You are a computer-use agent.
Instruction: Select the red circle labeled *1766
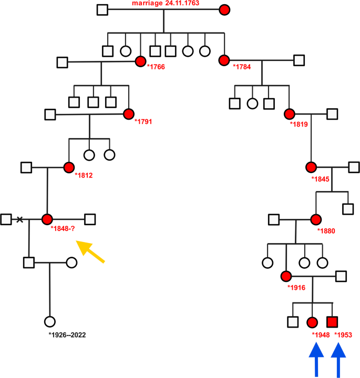(140, 62)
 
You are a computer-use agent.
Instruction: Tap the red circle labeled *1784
(225, 60)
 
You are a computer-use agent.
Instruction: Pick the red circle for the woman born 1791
(128, 114)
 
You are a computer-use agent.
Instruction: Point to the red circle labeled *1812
(68, 167)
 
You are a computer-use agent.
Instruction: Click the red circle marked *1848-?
(48, 219)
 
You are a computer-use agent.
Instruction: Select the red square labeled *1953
(332, 321)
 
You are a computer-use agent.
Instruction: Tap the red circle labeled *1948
(312, 321)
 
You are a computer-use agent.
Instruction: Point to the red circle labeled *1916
(286, 276)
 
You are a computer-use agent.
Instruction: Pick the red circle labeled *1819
(289, 114)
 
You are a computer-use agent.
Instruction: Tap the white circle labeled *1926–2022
(50, 321)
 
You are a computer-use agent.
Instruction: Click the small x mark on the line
(20, 219)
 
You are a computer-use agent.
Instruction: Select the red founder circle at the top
(225, 9)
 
